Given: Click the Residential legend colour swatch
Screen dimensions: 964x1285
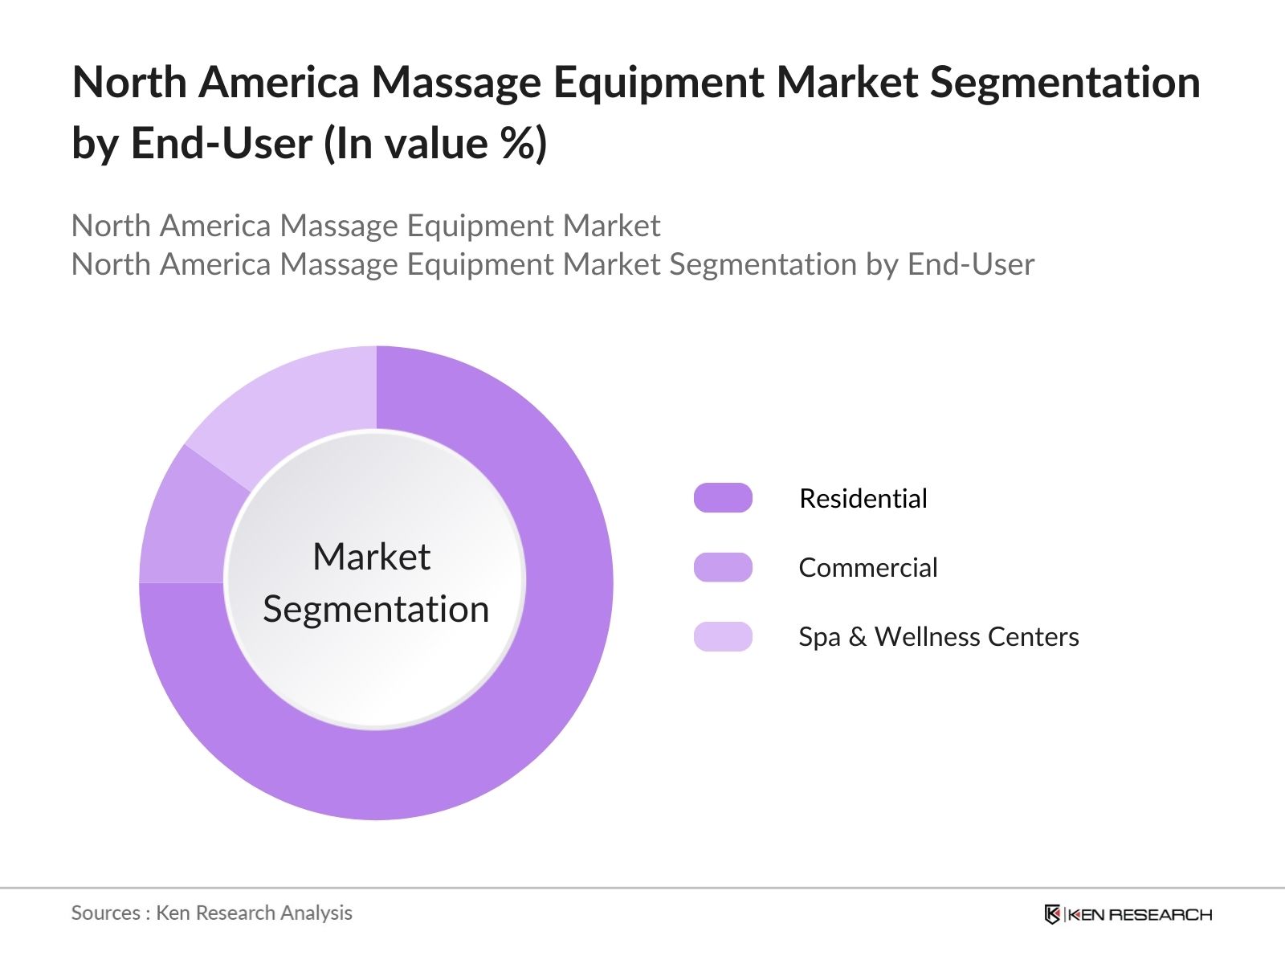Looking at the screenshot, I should pos(723,498).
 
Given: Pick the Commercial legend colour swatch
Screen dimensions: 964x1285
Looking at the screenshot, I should pos(723,567).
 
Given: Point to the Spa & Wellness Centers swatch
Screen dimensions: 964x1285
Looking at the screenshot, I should pos(723,636).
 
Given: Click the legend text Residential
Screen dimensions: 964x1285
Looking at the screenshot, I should pos(863,498).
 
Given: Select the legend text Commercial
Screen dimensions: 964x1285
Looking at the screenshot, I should pos(868,567).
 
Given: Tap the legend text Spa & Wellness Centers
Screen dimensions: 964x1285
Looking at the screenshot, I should pos(938,636).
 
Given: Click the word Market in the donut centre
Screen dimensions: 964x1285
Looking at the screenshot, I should pos(371,557).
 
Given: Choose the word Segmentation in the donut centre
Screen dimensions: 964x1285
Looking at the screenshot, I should pos(376,609).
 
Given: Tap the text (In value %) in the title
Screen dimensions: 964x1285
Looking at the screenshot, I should pos(435,143).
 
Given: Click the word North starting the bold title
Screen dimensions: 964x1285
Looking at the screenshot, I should pos(129,82).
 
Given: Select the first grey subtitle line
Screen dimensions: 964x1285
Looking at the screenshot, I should pos(365,226).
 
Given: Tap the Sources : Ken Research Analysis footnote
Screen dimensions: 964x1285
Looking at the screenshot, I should pos(211,913).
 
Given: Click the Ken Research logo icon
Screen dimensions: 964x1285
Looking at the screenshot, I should pos(1052,914).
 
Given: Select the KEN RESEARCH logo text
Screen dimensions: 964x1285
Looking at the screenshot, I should pos(1139,914).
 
